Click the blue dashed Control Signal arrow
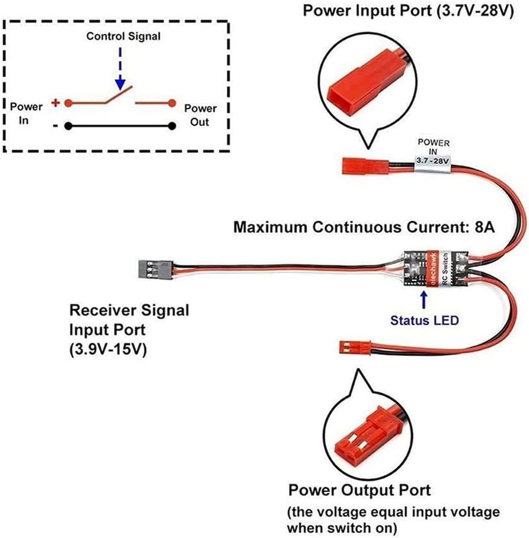[x=120, y=70]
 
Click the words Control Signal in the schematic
[x=123, y=36]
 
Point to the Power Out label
[x=200, y=115]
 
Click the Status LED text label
[x=424, y=320]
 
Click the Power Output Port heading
[x=360, y=490]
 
